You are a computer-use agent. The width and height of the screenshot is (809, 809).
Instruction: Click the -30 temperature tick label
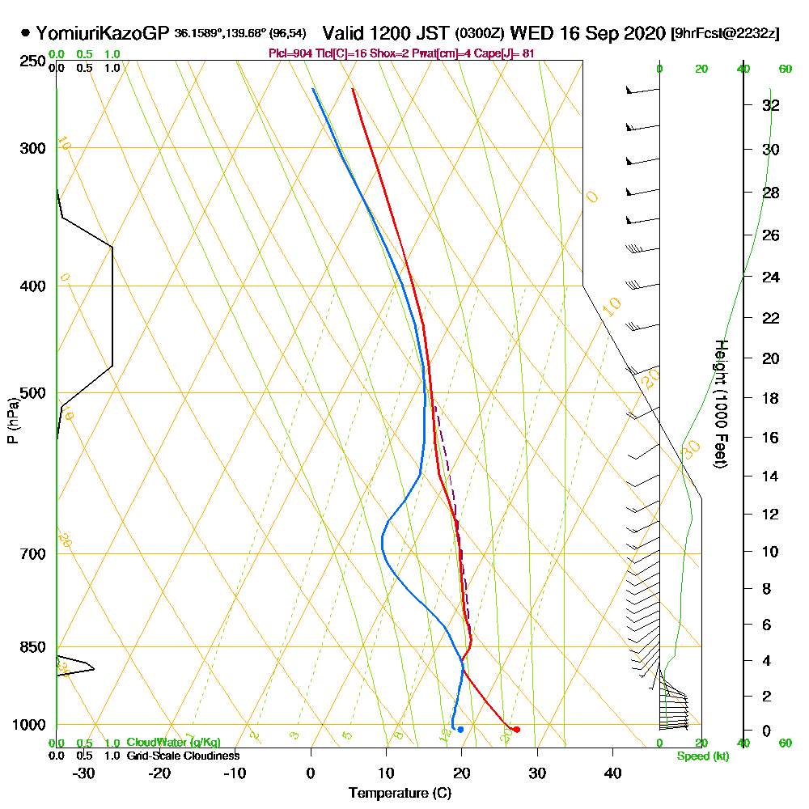pyautogui.click(x=84, y=773)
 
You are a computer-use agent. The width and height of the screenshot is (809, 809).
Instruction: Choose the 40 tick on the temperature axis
pyautogui.click(x=612, y=773)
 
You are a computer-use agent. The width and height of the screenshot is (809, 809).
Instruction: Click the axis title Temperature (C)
pyautogui.click(x=400, y=793)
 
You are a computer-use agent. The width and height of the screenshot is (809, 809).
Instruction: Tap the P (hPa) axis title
pyautogui.click(x=12, y=420)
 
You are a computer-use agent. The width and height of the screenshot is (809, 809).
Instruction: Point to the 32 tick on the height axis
pyautogui.click(x=770, y=104)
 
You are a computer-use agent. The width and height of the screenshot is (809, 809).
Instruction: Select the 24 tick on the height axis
pyautogui.click(x=770, y=277)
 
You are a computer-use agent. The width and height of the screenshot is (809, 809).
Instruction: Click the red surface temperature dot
pyautogui.click(x=516, y=730)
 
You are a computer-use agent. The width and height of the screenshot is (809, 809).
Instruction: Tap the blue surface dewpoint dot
pyautogui.click(x=460, y=730)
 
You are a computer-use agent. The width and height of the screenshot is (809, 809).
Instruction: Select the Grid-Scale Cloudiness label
pyautogui.click(x=183, y=756)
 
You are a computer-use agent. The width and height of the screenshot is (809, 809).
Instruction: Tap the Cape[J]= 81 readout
pyautogui.click(x=506, y=53)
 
